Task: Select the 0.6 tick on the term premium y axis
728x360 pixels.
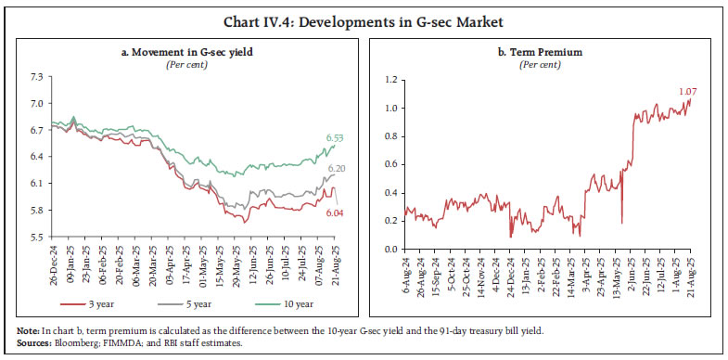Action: click(391, 163)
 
